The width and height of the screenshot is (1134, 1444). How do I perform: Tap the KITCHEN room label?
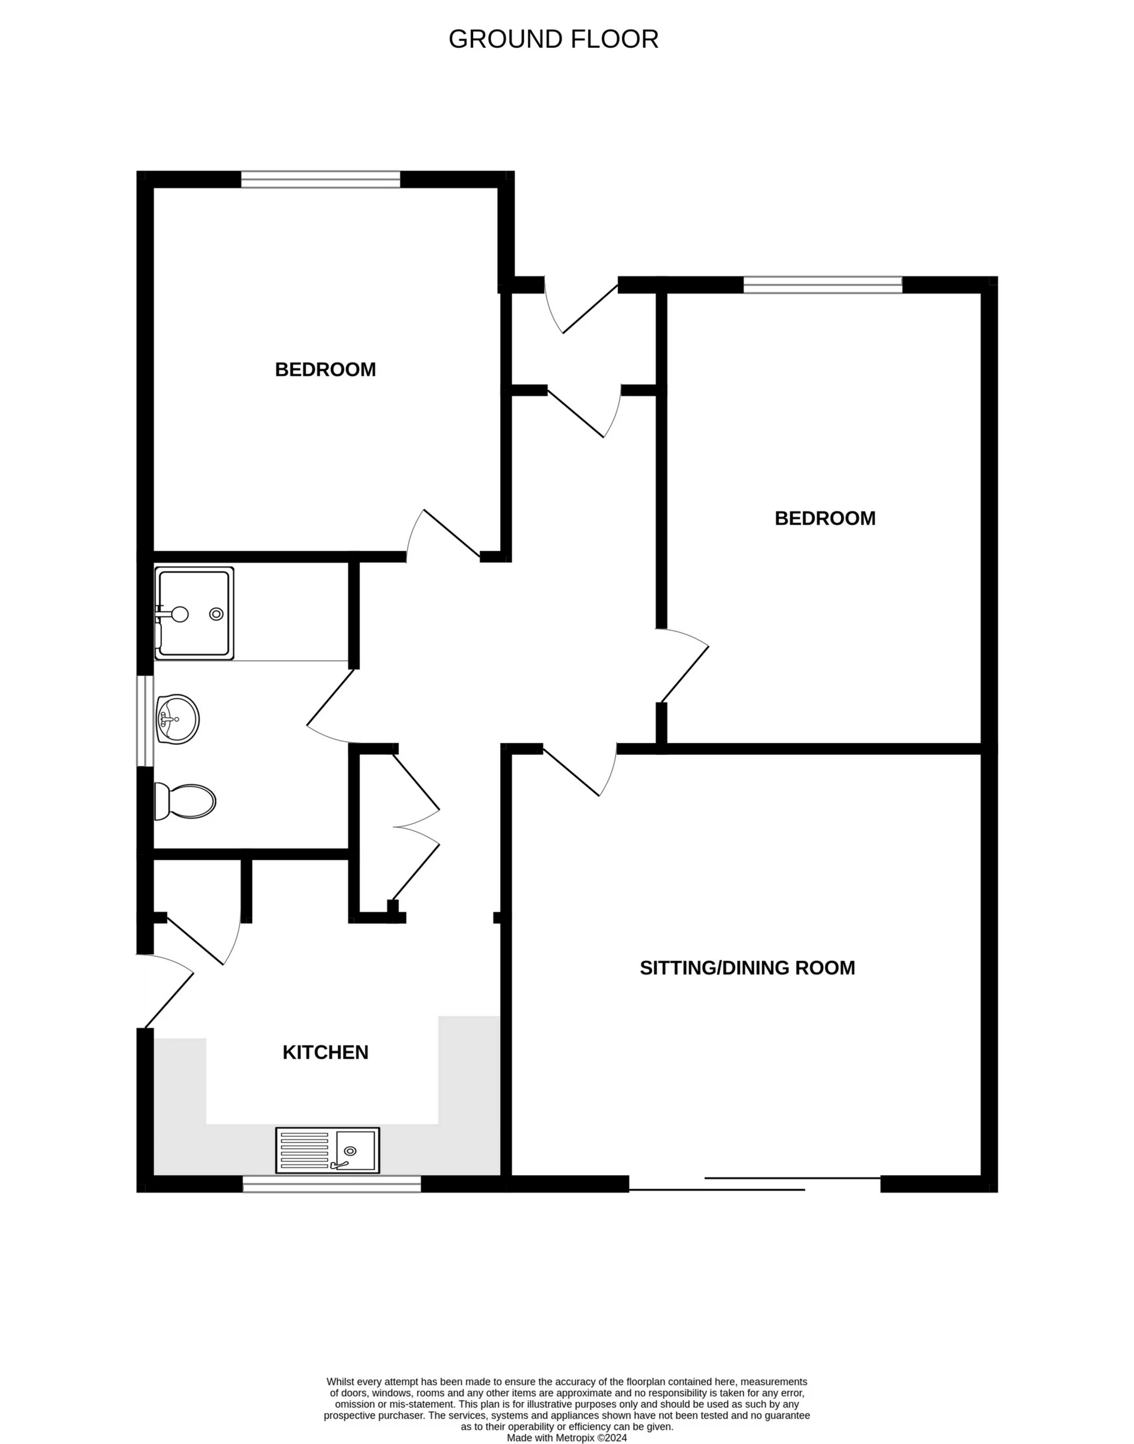(x=325, y=1052)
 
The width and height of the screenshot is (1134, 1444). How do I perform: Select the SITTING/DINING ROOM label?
(x=747, y=968)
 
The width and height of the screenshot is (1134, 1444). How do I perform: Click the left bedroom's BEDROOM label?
(x=325, y=370)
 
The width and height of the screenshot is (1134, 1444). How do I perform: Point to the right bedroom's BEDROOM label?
(x=825, y=519)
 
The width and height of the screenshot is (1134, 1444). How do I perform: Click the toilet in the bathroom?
(x=187, y=801)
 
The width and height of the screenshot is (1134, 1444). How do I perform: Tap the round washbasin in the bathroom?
(x=177, y=719)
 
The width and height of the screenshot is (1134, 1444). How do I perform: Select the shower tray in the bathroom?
(x=194, y=613)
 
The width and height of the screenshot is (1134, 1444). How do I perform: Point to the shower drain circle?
(x=216, y=614)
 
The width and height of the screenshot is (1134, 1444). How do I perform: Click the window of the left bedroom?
(x=321, y=180)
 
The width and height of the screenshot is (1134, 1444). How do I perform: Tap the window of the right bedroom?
(x=823, y=285)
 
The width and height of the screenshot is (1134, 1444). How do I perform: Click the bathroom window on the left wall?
(x=145, y=721)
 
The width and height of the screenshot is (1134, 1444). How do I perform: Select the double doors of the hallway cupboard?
(x=416, y=827)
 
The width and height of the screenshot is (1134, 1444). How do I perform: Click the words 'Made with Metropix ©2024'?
(x=566, y=1438)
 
